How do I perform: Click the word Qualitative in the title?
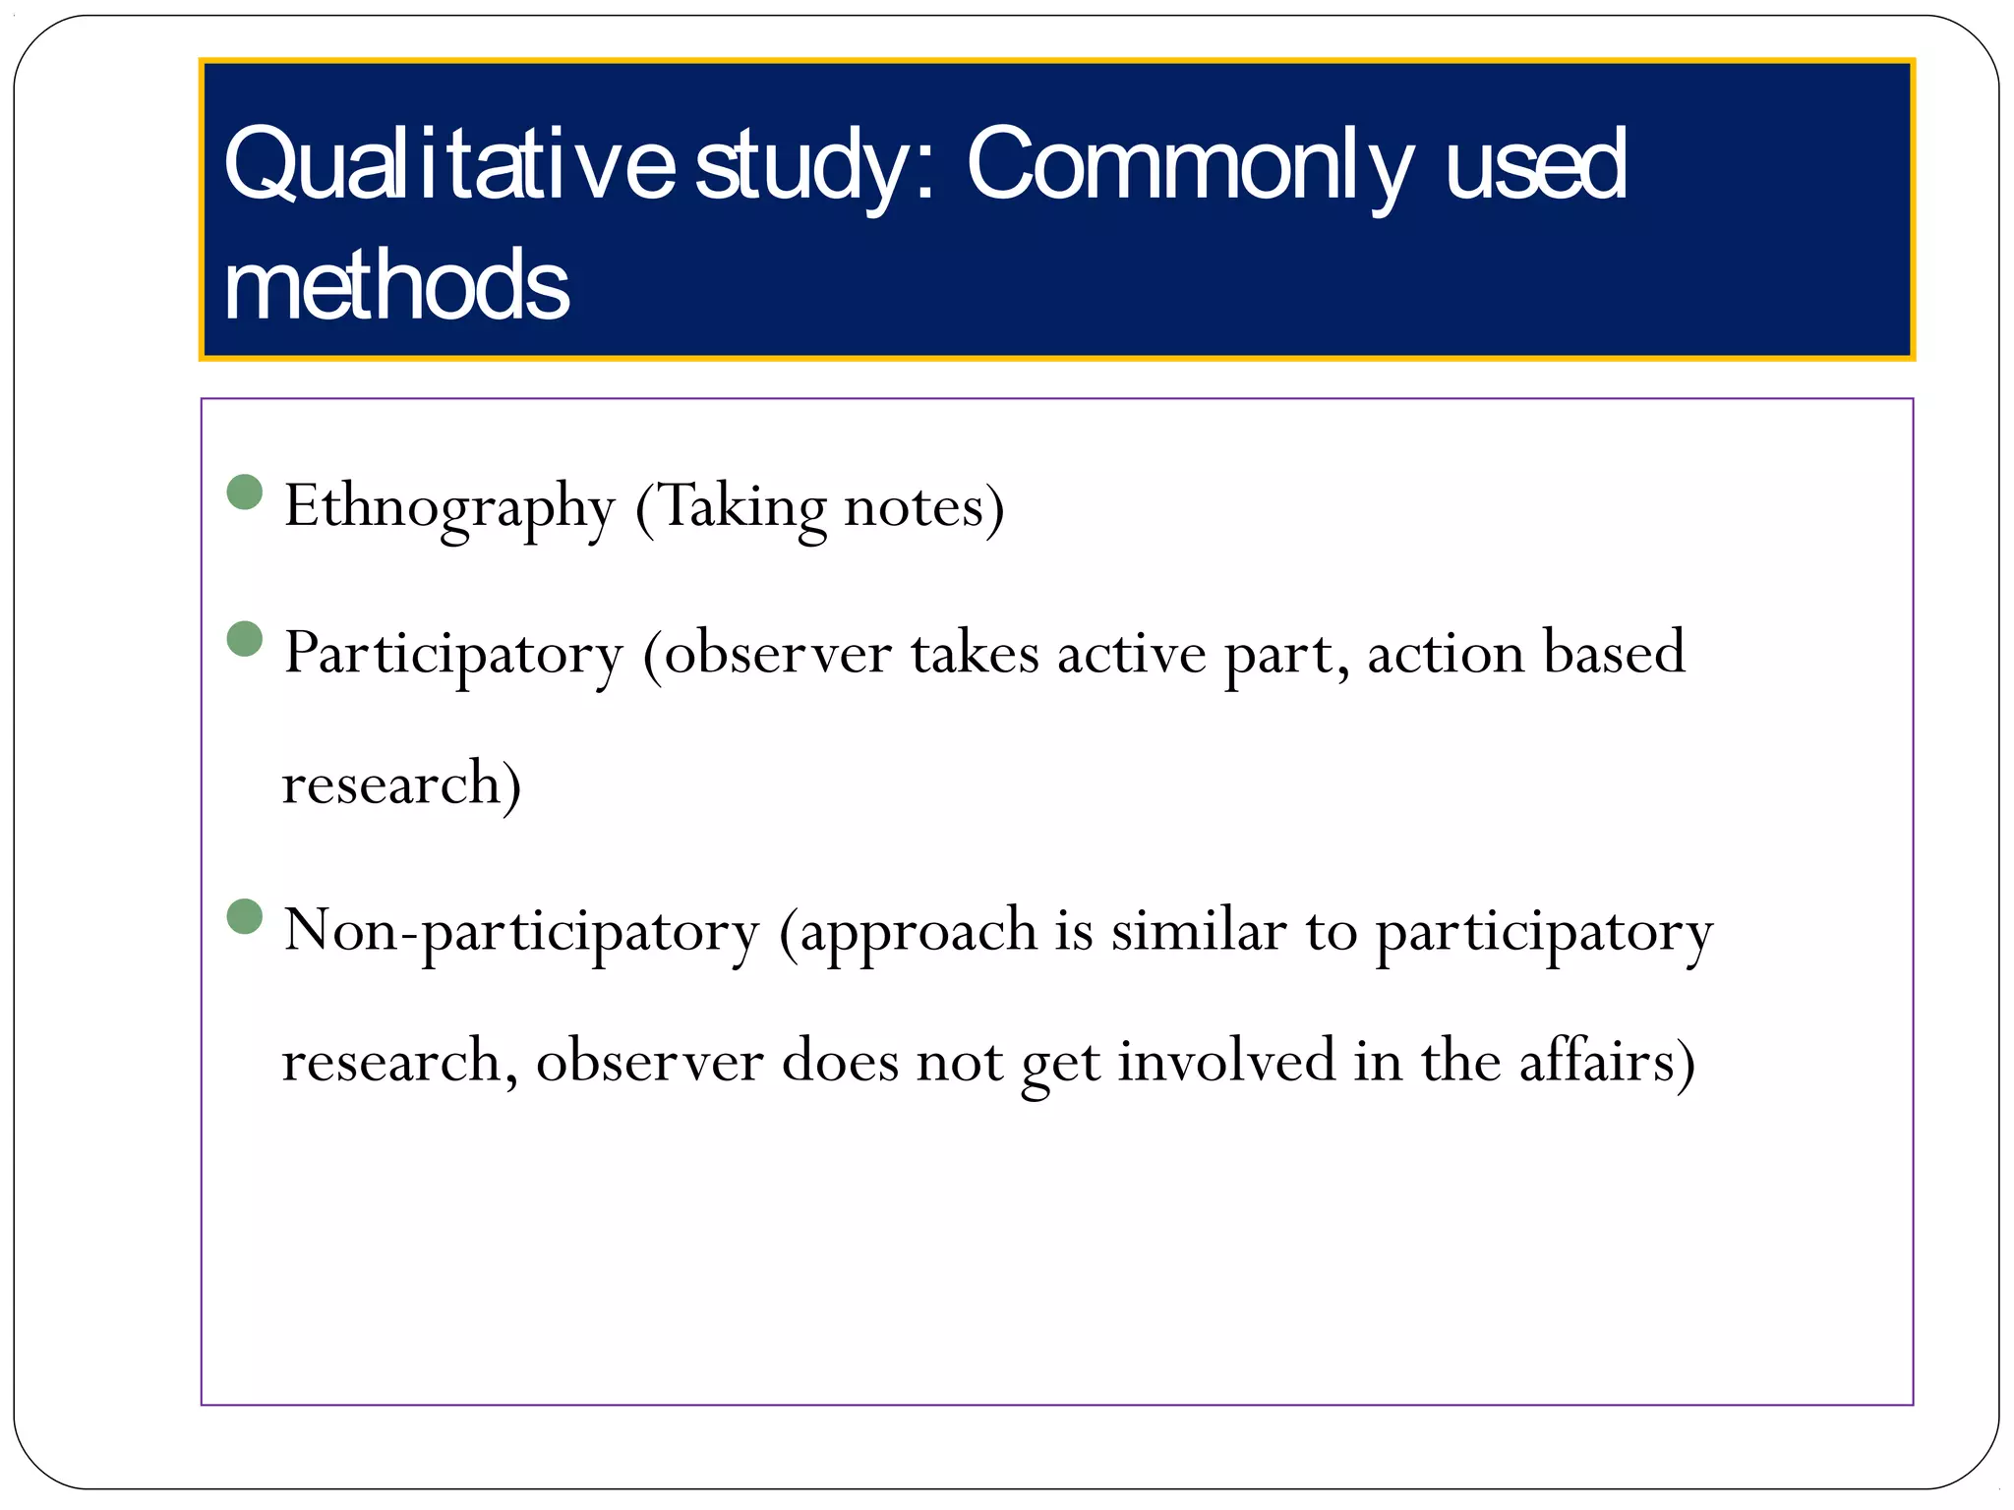click(448, 165)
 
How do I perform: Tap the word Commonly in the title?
click(1190, 165)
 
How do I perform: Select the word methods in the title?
click(396, 285)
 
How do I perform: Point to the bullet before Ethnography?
click(245, 492)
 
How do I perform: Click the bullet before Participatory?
click(245, 638)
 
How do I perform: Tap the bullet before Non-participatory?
click(245, 916)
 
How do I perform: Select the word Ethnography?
click(449, 507)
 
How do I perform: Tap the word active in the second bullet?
click(1131, 654)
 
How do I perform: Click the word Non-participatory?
click(521, 931)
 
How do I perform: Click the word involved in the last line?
click(1226, 1061)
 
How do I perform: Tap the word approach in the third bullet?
click(918, 933)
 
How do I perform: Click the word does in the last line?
click(840, 1061)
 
